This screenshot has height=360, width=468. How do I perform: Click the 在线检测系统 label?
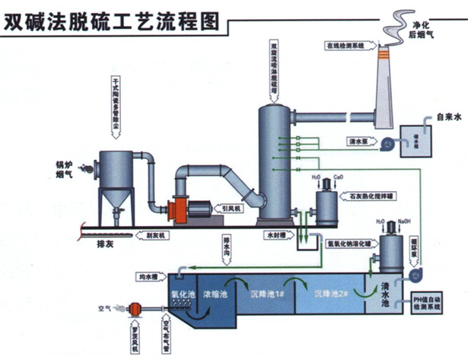[347, 46]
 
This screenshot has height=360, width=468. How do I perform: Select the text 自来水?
[450, 117]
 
